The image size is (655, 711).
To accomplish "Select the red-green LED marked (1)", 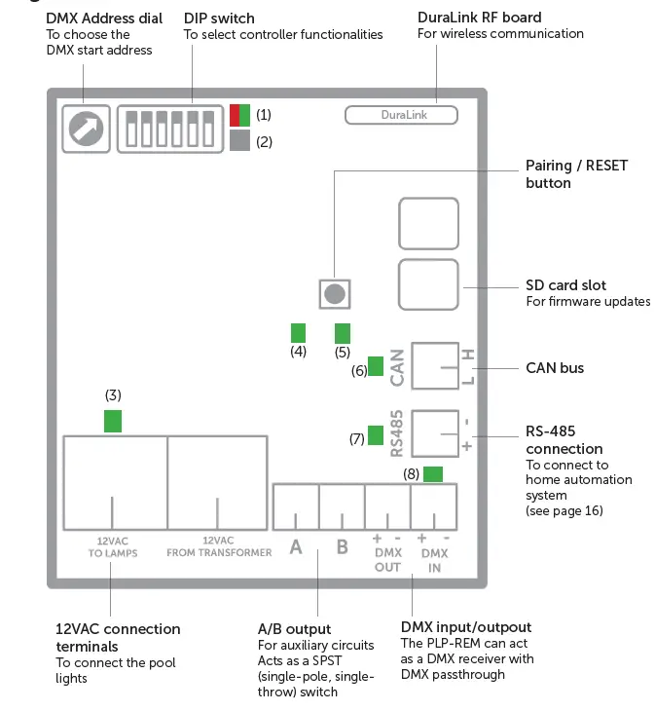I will point(239,115).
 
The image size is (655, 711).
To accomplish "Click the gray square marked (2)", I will point(239,141).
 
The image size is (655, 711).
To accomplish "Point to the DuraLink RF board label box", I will point(400,115).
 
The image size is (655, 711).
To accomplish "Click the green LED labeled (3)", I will point(114,421).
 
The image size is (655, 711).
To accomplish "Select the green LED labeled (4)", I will point(298,331).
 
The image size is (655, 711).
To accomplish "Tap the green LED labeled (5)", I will point(342,331).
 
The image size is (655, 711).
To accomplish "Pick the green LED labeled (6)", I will point(375,367).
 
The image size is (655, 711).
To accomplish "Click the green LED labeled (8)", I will point(432,474).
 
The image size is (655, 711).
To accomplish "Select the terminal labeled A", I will point(296,506).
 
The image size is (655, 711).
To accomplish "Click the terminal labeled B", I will point(342,506).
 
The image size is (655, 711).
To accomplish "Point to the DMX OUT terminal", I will point(387,506).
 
